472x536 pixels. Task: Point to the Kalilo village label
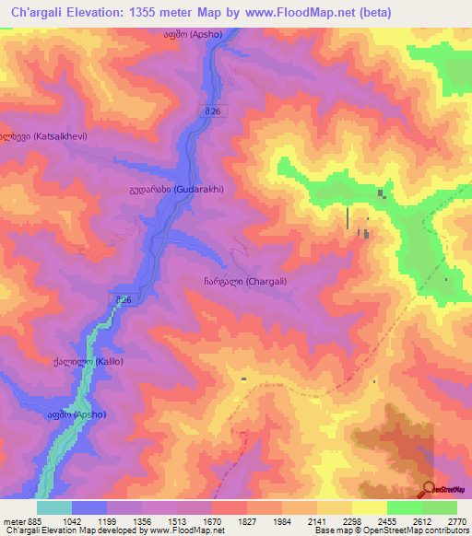[x=88, y=361]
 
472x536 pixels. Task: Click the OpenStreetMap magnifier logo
[x=429, y=489]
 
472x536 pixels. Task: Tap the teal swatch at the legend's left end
[x=54, y=507]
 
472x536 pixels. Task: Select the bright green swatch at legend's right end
[x=440, y=507]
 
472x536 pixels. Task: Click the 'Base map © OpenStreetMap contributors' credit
[x=390, y=530]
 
